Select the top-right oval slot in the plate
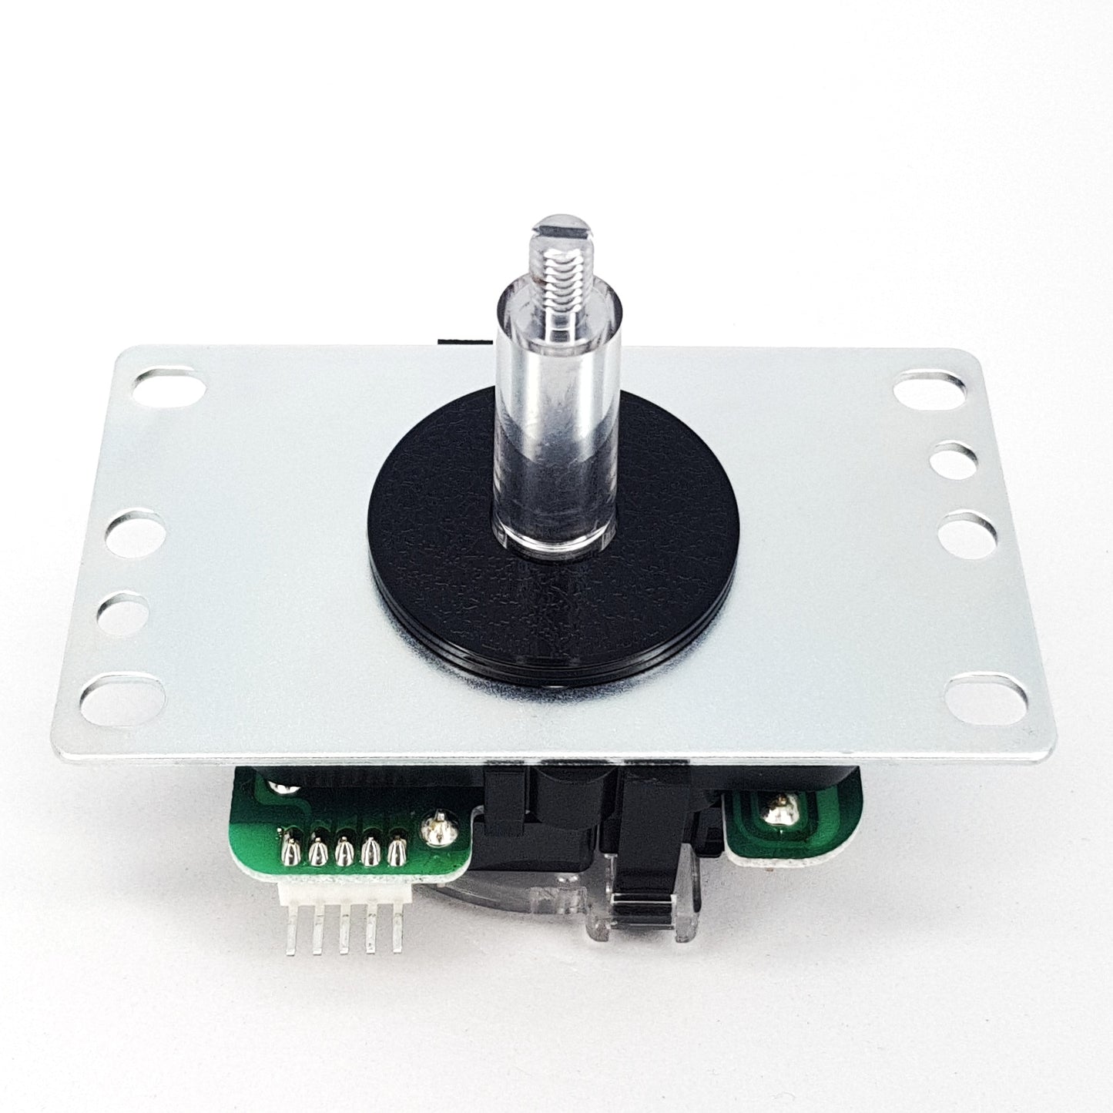click(x=934, y=387)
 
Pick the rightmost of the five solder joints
click(x=397, y=850)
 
